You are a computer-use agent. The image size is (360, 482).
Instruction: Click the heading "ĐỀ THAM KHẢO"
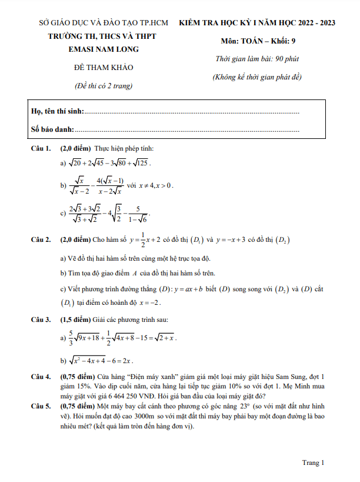(104, 68)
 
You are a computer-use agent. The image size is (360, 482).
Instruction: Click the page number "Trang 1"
(314, 463)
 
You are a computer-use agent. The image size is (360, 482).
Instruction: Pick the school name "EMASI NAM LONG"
(104, 50)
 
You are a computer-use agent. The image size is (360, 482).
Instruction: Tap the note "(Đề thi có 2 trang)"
(104, 86)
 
